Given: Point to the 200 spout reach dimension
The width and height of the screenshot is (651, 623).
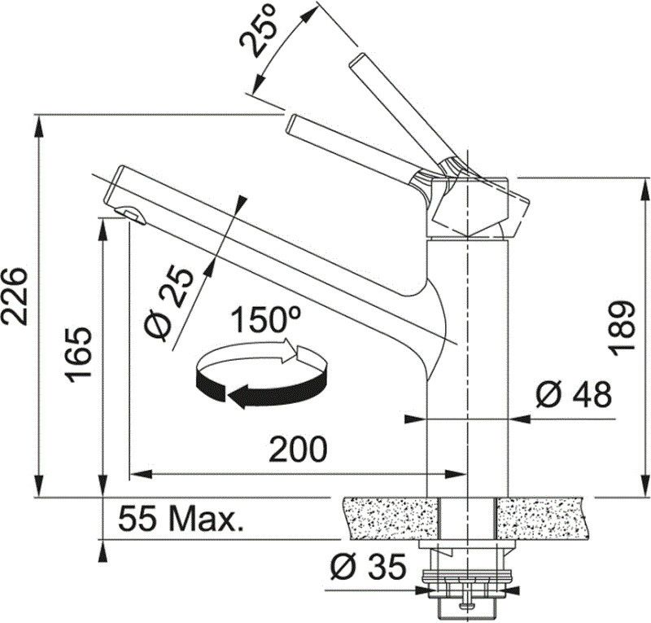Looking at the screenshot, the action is (298, 450).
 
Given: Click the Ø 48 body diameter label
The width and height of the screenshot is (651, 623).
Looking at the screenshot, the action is (574, 394).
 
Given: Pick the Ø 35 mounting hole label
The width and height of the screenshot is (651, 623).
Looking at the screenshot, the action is (368, 567).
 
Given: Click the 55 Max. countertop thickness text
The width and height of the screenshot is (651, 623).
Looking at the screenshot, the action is (181, 517).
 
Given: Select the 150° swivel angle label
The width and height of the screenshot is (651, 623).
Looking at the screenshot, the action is (265, 319).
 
